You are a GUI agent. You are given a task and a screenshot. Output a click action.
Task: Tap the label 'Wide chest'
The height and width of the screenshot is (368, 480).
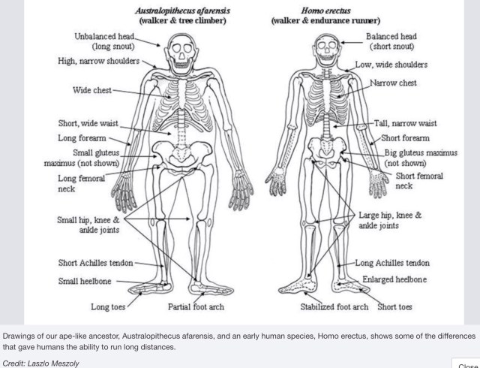click(x=91, y=91)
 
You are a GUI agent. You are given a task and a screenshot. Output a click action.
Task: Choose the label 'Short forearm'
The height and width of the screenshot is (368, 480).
click(x=406, y=138)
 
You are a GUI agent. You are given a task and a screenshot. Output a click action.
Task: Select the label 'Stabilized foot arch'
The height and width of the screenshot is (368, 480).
click(x=334, y=307)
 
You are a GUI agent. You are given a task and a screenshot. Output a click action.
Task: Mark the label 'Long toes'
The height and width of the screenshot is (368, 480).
click(x=109, y=307)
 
